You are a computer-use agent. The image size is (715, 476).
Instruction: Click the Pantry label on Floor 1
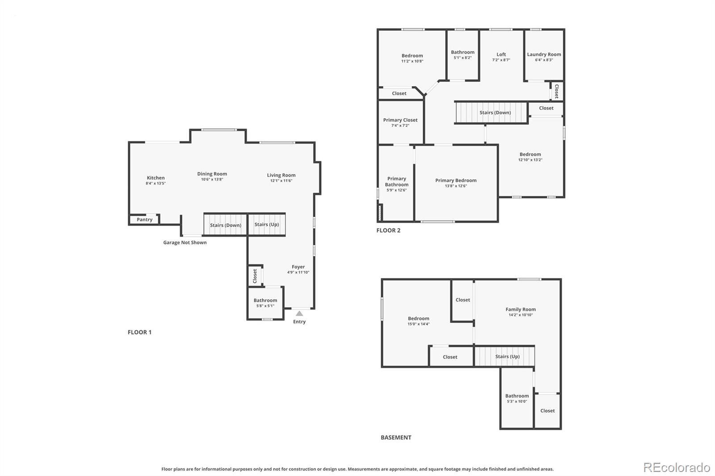pyautogui.click(x=144, y=220)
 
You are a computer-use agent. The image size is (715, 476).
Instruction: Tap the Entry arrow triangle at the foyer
pyautogui.click(x=299, y=313)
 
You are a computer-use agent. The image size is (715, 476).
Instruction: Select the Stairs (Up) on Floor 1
pyautogui.click(x=267, y=225)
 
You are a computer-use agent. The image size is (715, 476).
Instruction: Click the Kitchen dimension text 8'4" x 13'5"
pyautogui.click(x=156, y=184)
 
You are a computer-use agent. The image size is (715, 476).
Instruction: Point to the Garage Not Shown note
pyautogui.click(x=185, y=242)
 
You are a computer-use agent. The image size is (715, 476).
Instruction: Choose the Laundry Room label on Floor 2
pyautogui.click(x=544, y=54)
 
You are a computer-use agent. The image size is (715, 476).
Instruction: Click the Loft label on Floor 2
pyautogui.click(x=501, y=54)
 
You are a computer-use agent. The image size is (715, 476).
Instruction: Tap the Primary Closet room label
pyautogui.click(x=400, y=120)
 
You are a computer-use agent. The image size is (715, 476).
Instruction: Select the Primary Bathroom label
pyautogui.click(x=396, y=181)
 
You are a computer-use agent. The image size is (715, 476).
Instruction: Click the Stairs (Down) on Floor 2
pyautogui.click(x=495, y=113)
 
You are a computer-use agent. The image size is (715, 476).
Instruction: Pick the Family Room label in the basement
pyautogui.click(x=521, y=309)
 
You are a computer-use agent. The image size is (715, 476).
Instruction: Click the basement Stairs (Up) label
pyautogui.click(x=507, y=356)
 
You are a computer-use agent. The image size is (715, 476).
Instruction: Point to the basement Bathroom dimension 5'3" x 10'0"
pyautogui.click(x=517, y=401)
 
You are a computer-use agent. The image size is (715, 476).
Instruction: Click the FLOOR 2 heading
pyautogui.click(x=388, y=230)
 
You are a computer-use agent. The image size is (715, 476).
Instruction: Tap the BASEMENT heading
pyautogui.click(x=396, y=438)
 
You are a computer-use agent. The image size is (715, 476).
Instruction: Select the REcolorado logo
pyautogui.click(x=677, y=468)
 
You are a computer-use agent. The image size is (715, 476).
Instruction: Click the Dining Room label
pyautogui.click(x=212, y=174)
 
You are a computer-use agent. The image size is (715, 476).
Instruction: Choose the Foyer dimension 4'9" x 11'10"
pyautogui.click(x=298, y=272)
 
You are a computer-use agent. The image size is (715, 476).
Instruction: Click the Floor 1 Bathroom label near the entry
pyautogui.click(x=265, y=301)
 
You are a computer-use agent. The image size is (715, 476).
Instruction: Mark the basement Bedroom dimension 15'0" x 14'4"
pyautogui.click(x=418, y=324)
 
